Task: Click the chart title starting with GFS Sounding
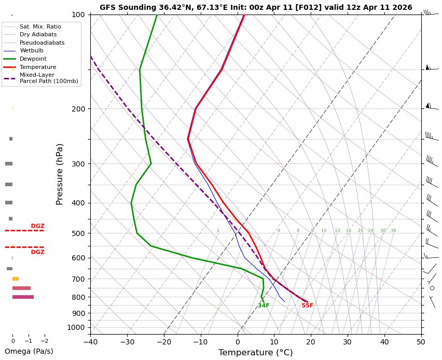[256, 8]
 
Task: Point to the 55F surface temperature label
[308, 306]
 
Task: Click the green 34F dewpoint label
[264, 306]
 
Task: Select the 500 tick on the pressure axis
[78, 233]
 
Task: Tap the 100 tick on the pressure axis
[78, 15]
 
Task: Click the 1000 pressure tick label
[76, 327]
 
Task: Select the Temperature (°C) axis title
[256, 353]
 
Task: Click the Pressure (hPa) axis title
[60, 174]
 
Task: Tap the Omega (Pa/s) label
[29, 351]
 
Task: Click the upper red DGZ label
[37, 226]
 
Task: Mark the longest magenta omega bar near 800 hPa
[23, 297]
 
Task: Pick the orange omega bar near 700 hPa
[16, 279]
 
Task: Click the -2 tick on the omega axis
[44, 341]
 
